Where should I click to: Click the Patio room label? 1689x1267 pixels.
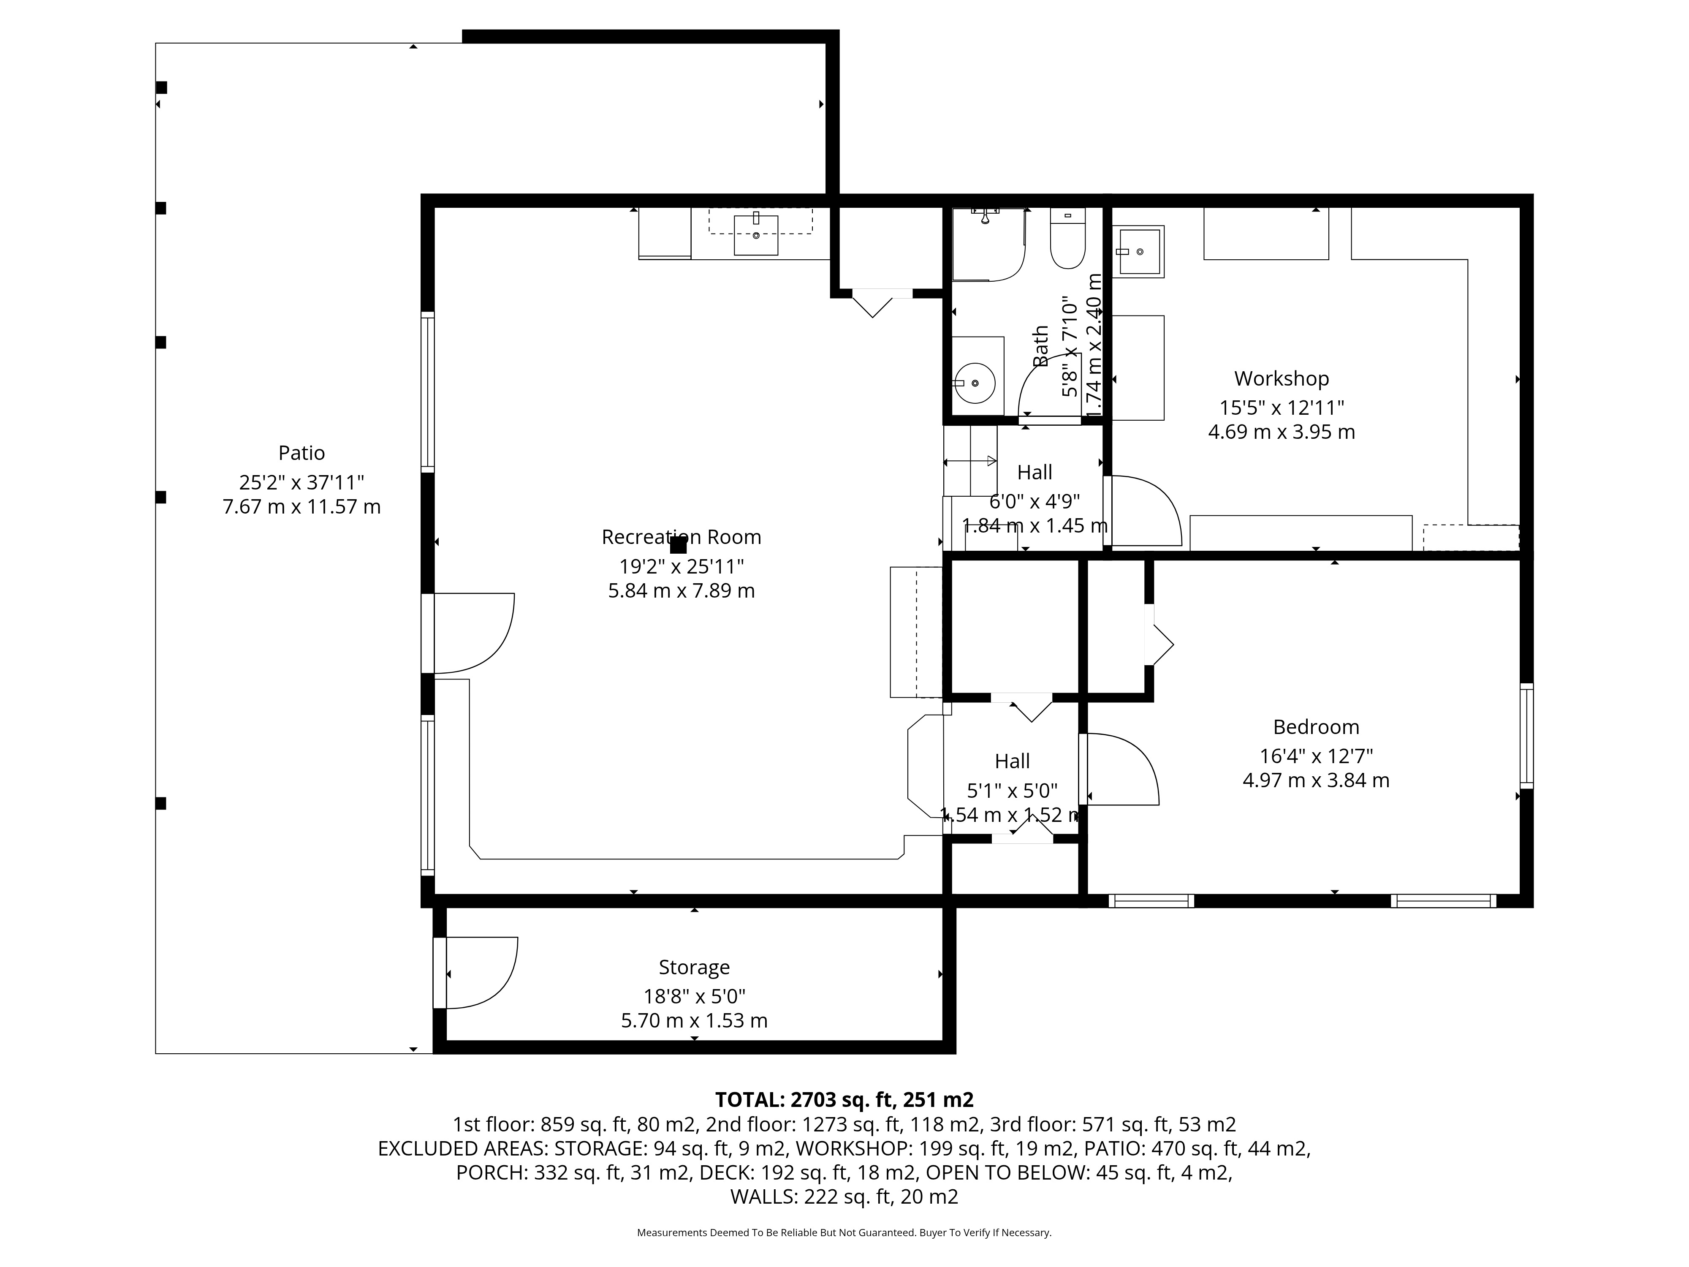[301, 453]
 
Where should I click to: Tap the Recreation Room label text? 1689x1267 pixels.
[681, 537]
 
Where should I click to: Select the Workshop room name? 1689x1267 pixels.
[1281, 379]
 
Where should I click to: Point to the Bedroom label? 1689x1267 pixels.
[1316, 727]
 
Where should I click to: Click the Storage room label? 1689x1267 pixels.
[694, 968]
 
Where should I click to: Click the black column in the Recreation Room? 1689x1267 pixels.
[678, 544]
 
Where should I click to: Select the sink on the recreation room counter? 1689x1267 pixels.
[756, 234]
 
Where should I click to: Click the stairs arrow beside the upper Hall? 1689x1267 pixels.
[970, 461]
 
